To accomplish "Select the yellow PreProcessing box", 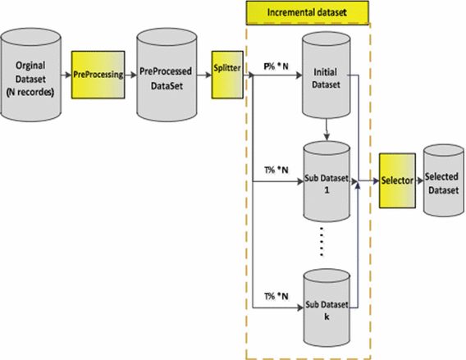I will (98, 75).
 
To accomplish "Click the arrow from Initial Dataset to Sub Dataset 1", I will (327, 130).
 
